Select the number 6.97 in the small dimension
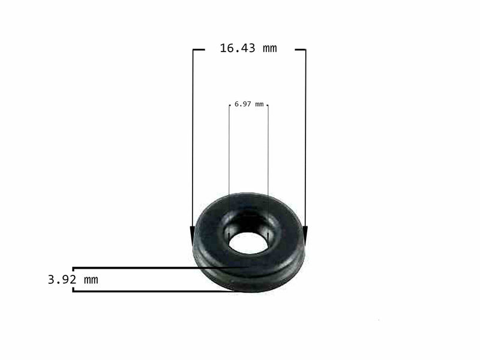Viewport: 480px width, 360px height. (x=243, y=104)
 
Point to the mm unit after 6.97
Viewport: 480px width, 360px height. (x=259, y=104)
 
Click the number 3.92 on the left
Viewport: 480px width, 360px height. (x=62, y=280)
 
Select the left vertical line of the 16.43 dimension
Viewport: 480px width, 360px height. (x=193, y=138)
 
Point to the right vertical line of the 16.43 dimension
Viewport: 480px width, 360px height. (x=305, y=138)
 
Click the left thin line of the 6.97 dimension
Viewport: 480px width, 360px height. (x=229, y=156)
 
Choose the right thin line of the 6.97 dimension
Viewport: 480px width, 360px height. (x=268, y=156)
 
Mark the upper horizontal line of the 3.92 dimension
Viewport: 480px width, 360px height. (x=150, y=268)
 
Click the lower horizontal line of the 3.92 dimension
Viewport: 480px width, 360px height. (x=150, y=291)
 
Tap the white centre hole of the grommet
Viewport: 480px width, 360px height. (x=247, y=242)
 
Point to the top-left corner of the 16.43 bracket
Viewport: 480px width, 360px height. (x=193, y=50)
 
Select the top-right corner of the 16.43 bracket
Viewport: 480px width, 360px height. (x=305, y=50)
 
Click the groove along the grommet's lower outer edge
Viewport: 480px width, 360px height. (x=249, y=274)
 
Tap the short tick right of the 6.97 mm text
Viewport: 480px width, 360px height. (x=267, y=105)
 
